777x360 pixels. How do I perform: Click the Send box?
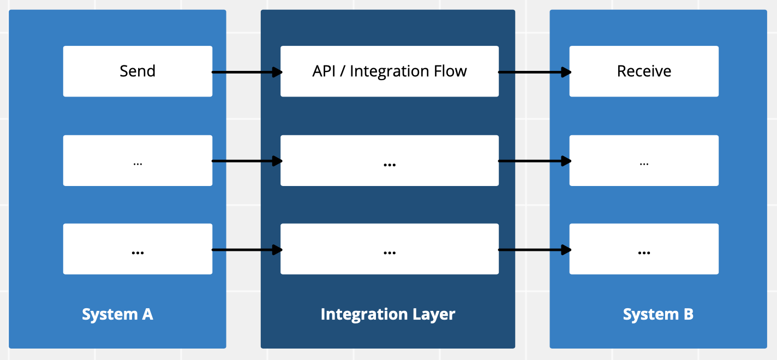tap(138, 71)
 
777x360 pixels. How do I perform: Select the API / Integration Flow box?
tap(390, 71)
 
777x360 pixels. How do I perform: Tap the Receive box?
tap(644, 71)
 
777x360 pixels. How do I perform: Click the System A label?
tap(117, 315)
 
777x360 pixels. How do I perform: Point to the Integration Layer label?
tap(388, 315)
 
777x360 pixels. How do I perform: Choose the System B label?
tap(658, 315)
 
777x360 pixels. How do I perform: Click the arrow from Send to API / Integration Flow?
tap(247, 72)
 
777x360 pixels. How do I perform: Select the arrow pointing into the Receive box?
tap(535, 72)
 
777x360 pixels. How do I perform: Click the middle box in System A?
tap(138, 160)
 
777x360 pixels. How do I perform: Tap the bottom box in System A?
tap(138, 249)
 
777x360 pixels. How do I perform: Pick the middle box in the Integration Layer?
tap(390, 160)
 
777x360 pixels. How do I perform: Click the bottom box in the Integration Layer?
tap(390, 249)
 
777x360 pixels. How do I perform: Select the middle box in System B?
tap(644, 160)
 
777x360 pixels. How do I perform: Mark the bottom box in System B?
tap(644, 249)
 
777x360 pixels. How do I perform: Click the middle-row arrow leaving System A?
tap(247, 161)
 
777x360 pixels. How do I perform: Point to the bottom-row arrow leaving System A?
tap(247, 250)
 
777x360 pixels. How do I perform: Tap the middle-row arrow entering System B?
tap(535, 161)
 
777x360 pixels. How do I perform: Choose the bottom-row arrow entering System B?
tap(535, 250)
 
